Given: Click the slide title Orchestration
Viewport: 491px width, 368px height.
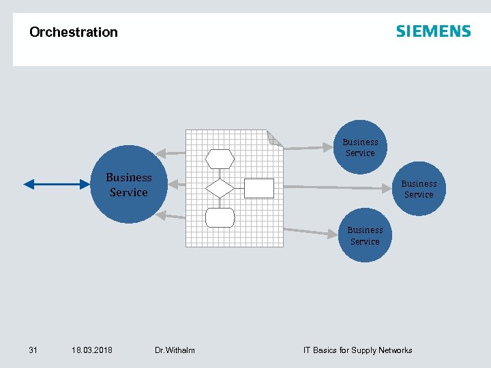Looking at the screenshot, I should [74, 32].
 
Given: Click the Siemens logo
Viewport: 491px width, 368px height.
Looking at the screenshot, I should [433, 31].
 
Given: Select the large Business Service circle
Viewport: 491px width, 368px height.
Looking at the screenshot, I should [128, 185].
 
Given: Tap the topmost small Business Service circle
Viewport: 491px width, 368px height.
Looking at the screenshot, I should [360, 147].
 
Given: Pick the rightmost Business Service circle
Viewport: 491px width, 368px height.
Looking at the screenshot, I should [419, 189].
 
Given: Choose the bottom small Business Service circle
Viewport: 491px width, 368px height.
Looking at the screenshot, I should [365, 236].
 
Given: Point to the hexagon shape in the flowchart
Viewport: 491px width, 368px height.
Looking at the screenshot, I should [220, 159].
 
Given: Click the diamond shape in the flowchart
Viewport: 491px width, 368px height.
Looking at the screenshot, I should [220, 188].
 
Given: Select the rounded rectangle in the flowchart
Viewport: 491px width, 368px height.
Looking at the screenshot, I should [220, 217].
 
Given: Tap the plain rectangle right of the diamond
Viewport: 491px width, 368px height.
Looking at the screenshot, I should [258, 188].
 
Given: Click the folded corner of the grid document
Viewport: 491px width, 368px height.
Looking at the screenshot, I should [274, 138].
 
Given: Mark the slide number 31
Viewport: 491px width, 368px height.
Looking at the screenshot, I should [33, 350].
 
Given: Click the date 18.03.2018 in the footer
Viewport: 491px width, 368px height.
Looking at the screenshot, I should [92, 350].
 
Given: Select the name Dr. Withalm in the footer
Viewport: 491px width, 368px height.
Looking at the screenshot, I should [175, 350].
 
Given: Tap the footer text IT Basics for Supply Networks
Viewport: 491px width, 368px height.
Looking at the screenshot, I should [357, 350].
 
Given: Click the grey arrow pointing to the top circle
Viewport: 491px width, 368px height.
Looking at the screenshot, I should [307, 147].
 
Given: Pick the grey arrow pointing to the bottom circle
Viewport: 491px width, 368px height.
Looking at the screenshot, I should [310, 232].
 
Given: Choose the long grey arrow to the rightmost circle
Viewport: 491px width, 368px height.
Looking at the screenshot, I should [338, 187].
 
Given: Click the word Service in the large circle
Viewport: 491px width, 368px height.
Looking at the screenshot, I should [128, 193].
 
